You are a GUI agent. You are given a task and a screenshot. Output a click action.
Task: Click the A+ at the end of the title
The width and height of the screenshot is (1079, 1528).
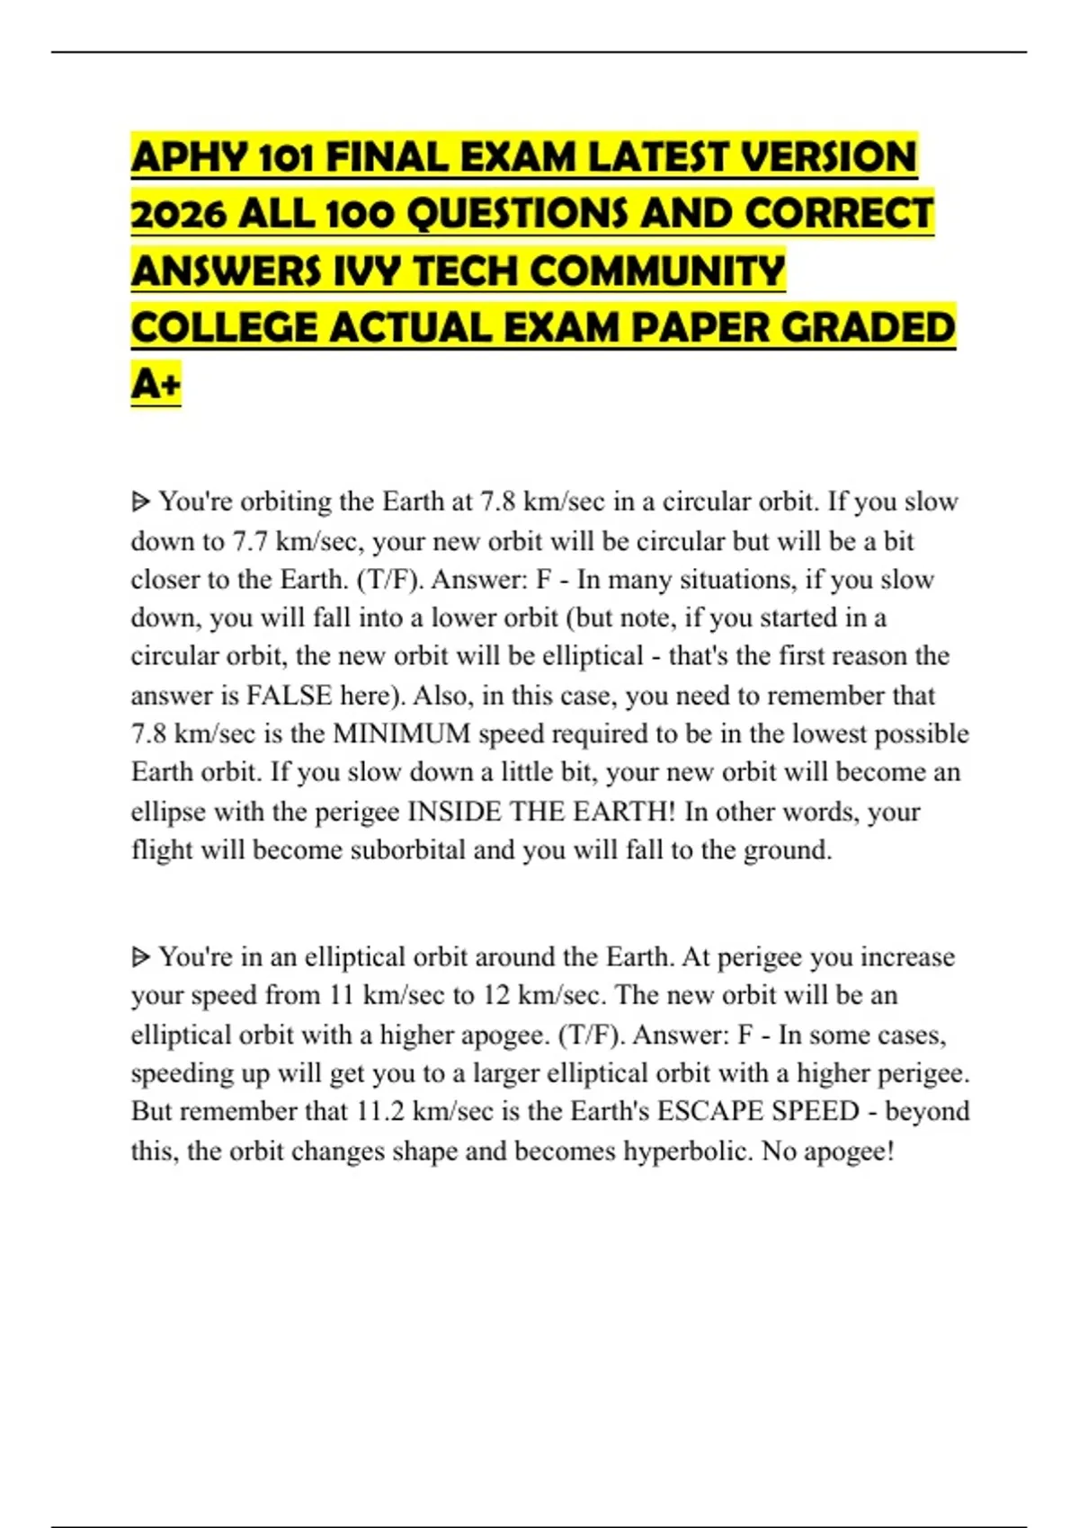(x=156, y=385)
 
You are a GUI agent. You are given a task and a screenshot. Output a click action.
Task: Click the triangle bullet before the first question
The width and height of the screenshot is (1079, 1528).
(x=140, y=502)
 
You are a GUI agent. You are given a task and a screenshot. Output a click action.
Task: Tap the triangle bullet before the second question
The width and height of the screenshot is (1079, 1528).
(x=140, y=957)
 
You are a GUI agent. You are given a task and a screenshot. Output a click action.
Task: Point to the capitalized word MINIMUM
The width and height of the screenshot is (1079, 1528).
(x=402, y=734)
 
